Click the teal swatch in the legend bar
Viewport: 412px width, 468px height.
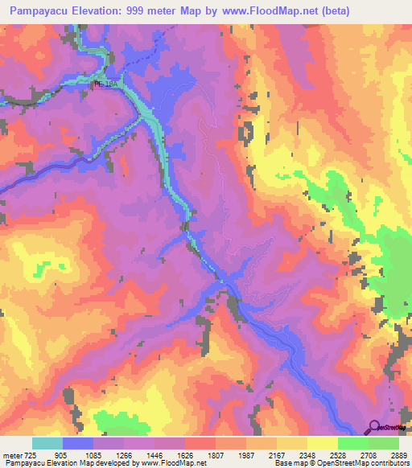[47, 444]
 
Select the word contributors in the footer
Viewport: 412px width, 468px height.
[388, 463]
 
